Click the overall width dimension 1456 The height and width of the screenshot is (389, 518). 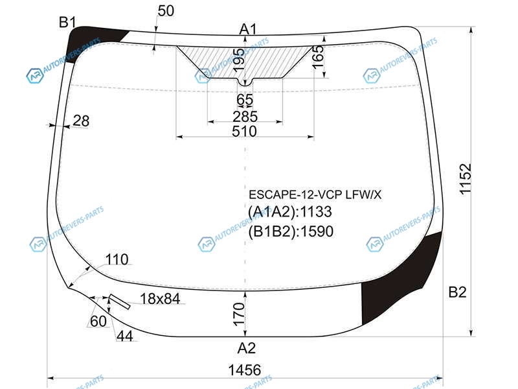[x=245, y=370]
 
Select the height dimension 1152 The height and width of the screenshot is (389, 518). [x=465, y=179]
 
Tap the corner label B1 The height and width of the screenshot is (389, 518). [x=67, y=23]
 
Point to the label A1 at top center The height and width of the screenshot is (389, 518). [x=248, y=29]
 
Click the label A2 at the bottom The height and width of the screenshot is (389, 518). [x=247, y=348]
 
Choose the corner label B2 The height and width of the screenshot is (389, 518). [x=458, y=292]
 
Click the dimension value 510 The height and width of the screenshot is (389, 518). [x=245, y=132]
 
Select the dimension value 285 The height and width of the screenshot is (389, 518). [x=245, y=117]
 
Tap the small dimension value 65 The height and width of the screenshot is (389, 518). [x=245, y=100]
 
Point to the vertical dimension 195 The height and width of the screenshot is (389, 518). [x=239, y=60]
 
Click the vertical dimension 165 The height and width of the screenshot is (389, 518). [x=318, y=57]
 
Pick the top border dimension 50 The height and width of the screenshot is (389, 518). [x=166, y=11]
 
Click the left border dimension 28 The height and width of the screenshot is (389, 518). [x=81, y=121]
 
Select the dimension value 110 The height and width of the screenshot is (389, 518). [x=117, y=260]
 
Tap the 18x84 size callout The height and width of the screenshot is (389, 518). [x=160, y=299]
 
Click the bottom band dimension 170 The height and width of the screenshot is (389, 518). [x=239, y=314]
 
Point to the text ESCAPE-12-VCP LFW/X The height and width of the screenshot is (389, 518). [x=315, y=195]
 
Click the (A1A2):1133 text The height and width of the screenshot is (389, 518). [x=289, y=212]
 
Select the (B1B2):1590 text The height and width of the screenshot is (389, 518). [x=291, y=231]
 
